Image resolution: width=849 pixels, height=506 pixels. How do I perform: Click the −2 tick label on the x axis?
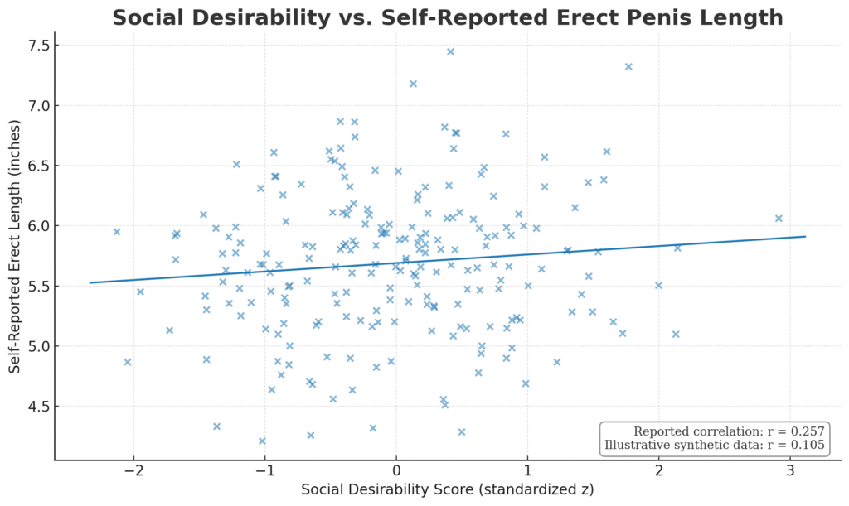coord(133,473)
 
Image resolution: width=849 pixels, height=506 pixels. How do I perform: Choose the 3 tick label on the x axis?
coord(790,473)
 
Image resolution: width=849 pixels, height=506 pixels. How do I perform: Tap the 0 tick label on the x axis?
coord(396,473)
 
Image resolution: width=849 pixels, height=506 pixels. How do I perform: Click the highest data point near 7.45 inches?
coord(450,51)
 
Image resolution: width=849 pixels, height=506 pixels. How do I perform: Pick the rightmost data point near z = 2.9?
coord(779,219)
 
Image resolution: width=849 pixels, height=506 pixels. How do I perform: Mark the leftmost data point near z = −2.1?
coord(117,232)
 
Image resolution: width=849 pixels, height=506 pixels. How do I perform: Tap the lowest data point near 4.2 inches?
coord(262,441)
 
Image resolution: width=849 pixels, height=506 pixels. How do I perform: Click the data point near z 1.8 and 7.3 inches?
coord(628,66)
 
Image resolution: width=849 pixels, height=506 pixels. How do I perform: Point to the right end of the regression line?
coord(805,237)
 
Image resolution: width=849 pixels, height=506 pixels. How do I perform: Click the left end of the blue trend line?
coord(90,282)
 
